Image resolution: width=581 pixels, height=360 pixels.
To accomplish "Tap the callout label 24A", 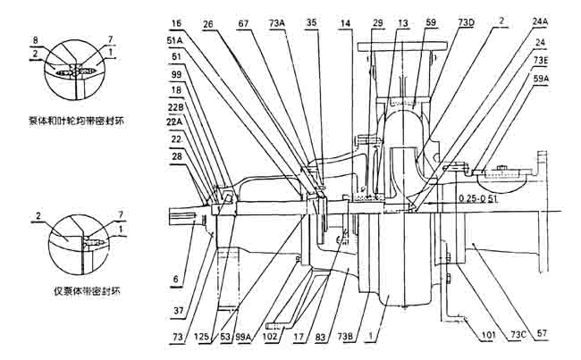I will coord(541,20).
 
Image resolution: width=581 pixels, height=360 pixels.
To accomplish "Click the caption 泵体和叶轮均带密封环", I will coord(74,120).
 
